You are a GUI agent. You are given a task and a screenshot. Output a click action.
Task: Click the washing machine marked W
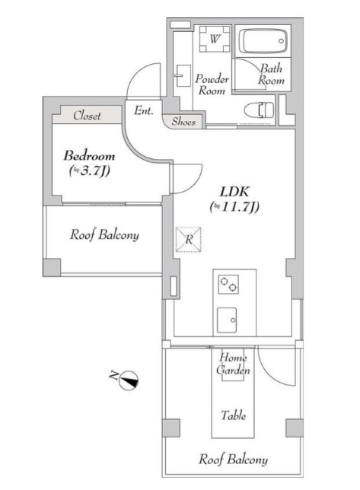point(215,39)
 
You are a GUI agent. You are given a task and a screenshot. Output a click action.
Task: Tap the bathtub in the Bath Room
point(263,41)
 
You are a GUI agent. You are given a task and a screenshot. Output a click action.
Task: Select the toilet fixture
point(259,110)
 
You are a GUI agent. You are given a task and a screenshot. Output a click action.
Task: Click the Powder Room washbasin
point(183,75)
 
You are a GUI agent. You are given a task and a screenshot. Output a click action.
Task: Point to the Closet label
point(87,116)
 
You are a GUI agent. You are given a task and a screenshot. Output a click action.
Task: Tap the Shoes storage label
point(183,122)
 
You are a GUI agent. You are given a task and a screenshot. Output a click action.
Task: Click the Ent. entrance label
point(144,110)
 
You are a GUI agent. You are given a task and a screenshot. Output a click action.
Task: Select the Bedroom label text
point(89,156)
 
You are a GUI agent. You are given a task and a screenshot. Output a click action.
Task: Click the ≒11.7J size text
point(234,207)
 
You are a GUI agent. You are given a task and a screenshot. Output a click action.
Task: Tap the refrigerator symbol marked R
point(188,240)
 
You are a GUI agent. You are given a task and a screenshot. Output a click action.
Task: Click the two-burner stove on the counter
point(228,284)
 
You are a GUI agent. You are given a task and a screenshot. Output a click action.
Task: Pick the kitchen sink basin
point(227,320)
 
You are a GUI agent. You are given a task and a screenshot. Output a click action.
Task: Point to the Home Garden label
point(233,364)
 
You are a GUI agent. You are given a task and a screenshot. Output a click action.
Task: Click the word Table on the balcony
point(233,415)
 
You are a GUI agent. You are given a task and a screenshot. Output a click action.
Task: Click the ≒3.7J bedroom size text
point(89,170)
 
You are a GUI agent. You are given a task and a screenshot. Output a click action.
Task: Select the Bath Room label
point(271,75)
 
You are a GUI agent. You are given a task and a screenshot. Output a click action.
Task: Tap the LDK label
point(234,192)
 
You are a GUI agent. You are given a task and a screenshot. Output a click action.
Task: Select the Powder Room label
point(212,84)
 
